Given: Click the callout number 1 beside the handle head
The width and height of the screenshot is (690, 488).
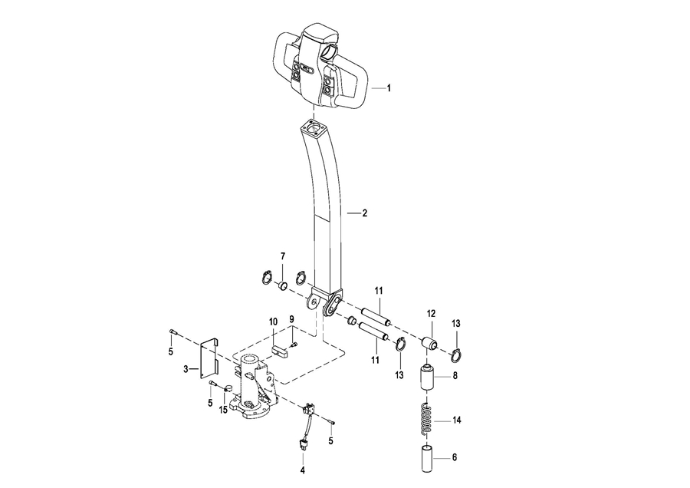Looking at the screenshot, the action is [389, 88].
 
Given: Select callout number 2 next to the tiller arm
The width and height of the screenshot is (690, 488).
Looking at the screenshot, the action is [364, 213].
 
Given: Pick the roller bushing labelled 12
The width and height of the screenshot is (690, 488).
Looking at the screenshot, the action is [429, 344].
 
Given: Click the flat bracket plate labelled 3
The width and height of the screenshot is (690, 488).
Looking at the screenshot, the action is [209, 358].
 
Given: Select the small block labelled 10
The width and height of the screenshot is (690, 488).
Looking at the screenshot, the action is [279, 350].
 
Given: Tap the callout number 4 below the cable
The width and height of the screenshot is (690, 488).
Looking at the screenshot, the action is [302, 470].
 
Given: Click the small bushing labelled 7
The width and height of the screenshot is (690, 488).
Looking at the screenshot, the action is [282, 286].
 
